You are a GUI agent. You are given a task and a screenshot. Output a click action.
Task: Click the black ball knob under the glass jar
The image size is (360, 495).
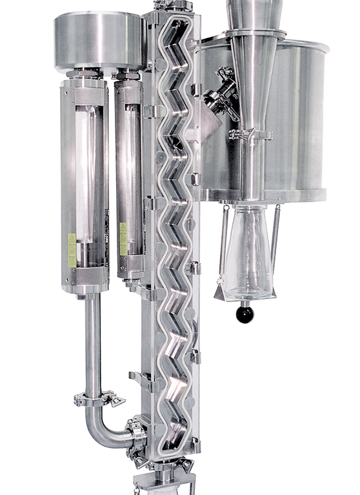[x=245, y=315]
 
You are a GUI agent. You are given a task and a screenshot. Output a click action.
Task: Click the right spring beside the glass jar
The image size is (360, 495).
[x=276, y=242]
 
